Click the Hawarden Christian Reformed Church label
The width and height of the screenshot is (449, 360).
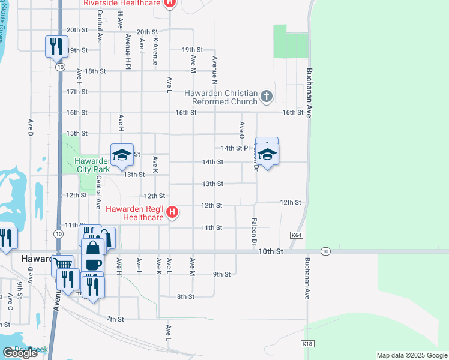pos(220,97)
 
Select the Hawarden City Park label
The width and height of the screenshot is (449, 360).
pos(92,165)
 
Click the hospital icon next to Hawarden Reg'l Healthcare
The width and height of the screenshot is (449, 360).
pos(172,212)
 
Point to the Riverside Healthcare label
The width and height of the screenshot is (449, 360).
pos(122,3)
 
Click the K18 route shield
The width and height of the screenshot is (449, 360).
pos(308,344)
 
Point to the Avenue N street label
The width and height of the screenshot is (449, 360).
pos(214,70)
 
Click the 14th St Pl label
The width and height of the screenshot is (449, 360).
pos(235,148)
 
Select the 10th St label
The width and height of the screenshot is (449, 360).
pos(270,252)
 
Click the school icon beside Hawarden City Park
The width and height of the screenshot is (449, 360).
pos(121,155)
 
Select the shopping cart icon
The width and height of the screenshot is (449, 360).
pos(63,265)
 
